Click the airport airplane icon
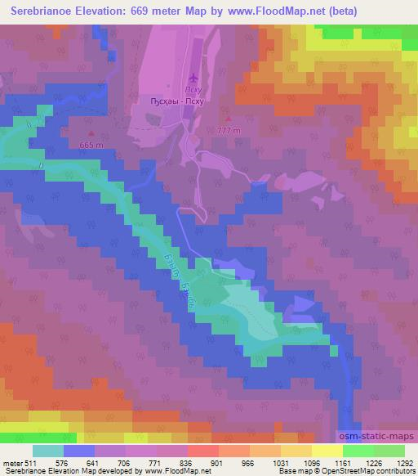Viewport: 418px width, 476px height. [193, 79]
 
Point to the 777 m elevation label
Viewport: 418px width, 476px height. [230, 131]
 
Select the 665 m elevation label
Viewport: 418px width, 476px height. [91, 145]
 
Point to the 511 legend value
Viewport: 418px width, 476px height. [29, 462]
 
